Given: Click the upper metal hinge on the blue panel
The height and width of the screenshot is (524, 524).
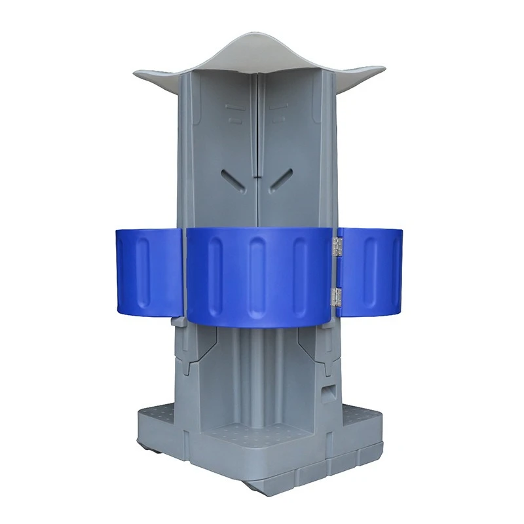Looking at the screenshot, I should point(337,247).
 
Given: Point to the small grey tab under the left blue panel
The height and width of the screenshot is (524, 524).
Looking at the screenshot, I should point(176,322).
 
